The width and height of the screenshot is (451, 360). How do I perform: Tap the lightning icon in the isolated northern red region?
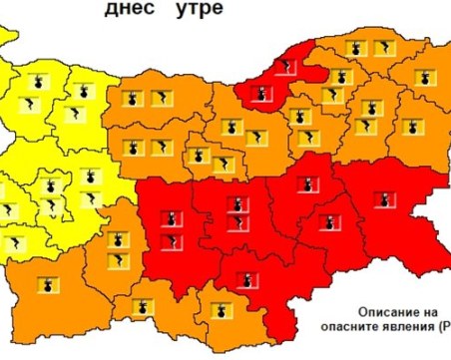288,67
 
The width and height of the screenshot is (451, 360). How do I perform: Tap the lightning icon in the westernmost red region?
173,240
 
